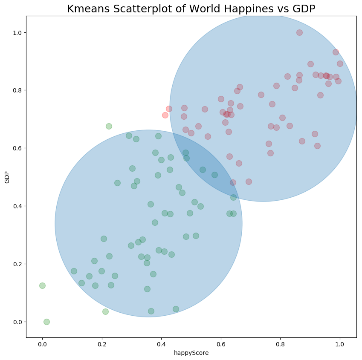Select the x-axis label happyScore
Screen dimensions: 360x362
tap(191, 353)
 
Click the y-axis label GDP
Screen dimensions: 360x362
tap(7, 177)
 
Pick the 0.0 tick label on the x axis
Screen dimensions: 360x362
tap(42, 344)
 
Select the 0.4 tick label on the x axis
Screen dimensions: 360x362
tap(161, 344)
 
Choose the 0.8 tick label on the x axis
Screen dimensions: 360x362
tap(280, 344)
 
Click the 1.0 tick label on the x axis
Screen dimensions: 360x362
tap(340, 344)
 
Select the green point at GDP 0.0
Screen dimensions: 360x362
tap(46, 322)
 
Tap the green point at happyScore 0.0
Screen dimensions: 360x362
tap(42, 285)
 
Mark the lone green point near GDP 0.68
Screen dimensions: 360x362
tap(109, 126)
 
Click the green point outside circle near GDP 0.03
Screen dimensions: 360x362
tap(105, 311)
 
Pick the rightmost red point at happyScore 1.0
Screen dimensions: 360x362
tap(340, 63)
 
